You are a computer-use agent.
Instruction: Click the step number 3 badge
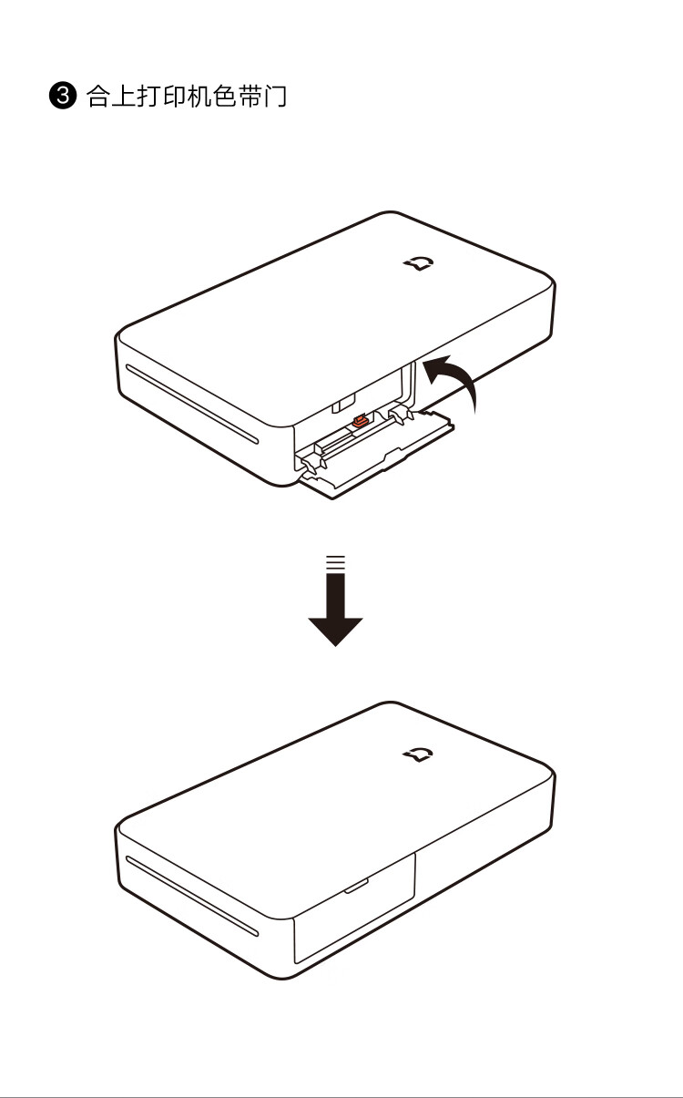[63, 96]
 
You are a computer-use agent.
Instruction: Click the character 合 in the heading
[98, 96]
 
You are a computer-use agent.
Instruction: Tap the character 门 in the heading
[275, 96]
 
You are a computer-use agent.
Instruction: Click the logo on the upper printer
[420, 263]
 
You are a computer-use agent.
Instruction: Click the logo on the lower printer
[418, 754]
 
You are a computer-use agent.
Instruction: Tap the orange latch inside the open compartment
[360, 421]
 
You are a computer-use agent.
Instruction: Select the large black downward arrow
[335, 611]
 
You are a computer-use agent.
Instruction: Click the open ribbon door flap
[376, 456]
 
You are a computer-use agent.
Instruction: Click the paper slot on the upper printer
[191, 404]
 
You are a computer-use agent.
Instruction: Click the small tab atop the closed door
[356, 887]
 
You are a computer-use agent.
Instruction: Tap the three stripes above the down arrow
[336, 561]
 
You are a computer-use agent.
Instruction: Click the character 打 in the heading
[148, 96]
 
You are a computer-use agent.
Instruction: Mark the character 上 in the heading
[124, 96]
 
